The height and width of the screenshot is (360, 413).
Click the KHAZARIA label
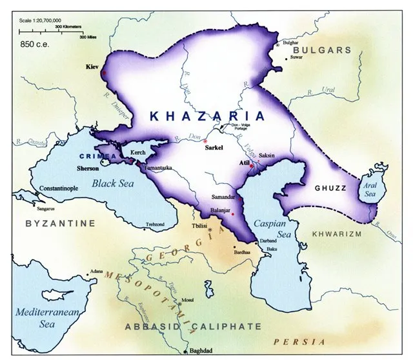point(207,116)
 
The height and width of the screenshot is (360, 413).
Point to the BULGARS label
point(323,50)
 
